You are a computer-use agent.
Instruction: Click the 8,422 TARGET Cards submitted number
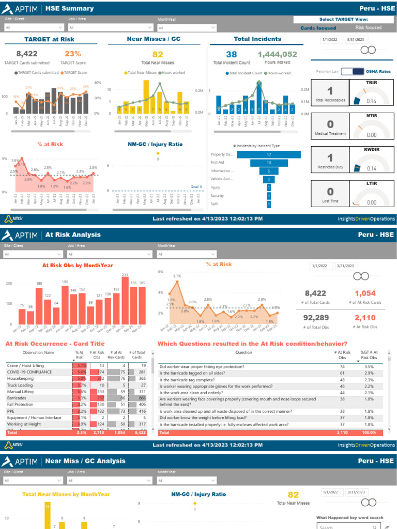tap(27, 54)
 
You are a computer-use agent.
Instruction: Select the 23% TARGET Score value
tap(73, 54)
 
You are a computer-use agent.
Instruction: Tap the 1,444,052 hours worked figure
tap(277, 54)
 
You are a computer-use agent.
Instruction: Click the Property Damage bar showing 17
tap(268, 154)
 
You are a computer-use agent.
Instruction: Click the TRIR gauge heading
tap(371, 82)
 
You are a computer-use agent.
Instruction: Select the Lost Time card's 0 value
tap(330, 192)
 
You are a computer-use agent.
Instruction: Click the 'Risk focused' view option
tap(369, 28)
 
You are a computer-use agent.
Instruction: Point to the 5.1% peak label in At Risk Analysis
tap(177, 276)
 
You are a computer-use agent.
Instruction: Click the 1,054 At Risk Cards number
tap(365, 293)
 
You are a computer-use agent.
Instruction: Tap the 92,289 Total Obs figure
tap(316, 317)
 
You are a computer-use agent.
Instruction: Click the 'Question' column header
tap(243, 352)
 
